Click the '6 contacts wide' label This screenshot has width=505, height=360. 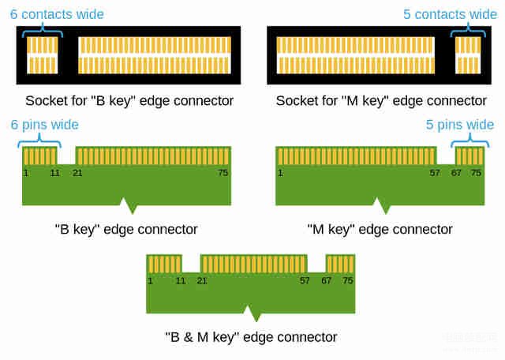pos(57,14)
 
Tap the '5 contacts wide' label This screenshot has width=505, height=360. pos(451,14)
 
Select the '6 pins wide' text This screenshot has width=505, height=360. pos(44,125)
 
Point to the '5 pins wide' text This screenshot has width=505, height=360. pos(459,125)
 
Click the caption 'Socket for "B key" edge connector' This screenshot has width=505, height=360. pos(129,101)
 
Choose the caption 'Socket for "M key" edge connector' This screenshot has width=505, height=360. pos(381,101)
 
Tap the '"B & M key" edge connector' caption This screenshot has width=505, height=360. pos(251,337)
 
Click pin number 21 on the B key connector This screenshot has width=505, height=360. pos(77,173)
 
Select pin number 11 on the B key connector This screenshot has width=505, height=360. pos(54,173)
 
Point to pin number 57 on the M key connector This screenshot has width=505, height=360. pos(435,173)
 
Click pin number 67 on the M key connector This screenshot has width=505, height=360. pos(456,173)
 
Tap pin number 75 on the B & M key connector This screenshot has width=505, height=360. pos(348,281)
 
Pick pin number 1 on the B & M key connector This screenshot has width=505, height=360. pos(150,281)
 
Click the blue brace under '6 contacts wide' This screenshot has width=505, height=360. pos(42,32)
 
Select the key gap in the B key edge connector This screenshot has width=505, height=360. pos(66,156)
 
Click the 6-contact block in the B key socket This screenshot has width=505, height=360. pos(42,55)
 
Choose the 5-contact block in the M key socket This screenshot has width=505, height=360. pos(468,55)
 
